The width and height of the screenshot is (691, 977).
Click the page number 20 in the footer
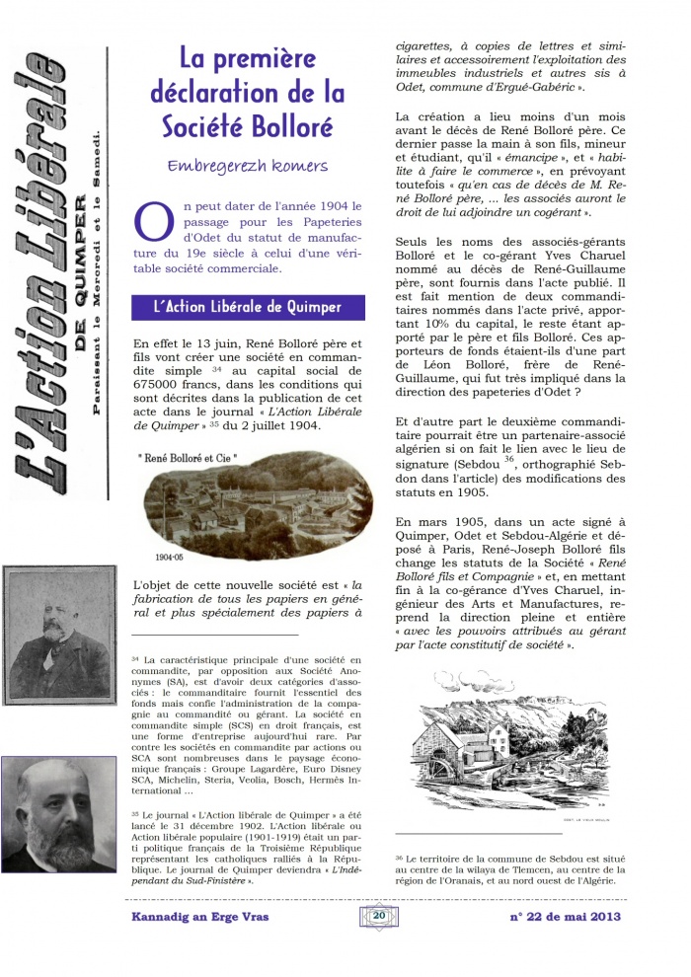(x=379, y=915)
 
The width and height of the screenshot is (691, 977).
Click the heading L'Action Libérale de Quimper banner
(x=247, y=307)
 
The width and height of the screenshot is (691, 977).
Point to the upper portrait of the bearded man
(x=58, y=633)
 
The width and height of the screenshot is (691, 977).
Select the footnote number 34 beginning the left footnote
(x=135, y=658)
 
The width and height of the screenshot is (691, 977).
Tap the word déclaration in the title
(x=208, y=93)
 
